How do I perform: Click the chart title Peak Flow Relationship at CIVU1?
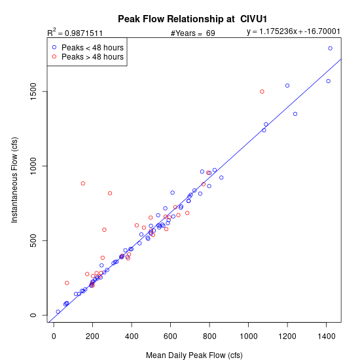point(192,19)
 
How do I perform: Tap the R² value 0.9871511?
point(84,33)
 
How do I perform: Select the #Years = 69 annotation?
point(193,33)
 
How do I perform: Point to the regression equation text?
point(293,31)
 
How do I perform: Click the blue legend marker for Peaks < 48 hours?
point(54,47)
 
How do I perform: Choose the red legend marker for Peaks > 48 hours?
point(54,56)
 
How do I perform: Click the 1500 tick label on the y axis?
point(33,92)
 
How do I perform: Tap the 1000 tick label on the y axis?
point(33,166)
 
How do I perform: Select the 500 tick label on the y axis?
point(33,240)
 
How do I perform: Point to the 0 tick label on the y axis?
point(33,315)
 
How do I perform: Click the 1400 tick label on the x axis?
point(326,336)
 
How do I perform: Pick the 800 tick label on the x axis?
point(209,336)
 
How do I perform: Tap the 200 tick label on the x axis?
point(92,336)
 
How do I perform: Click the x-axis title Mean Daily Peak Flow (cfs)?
point(194,355)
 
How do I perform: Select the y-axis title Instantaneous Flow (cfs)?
point(14,180)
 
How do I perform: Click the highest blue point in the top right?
point(330,48)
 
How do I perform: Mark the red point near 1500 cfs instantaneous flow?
point(262,92)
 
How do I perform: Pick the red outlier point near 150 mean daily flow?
point(83,183)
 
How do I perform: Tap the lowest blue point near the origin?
point(58,312)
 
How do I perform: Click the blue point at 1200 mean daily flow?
point(287,86)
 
